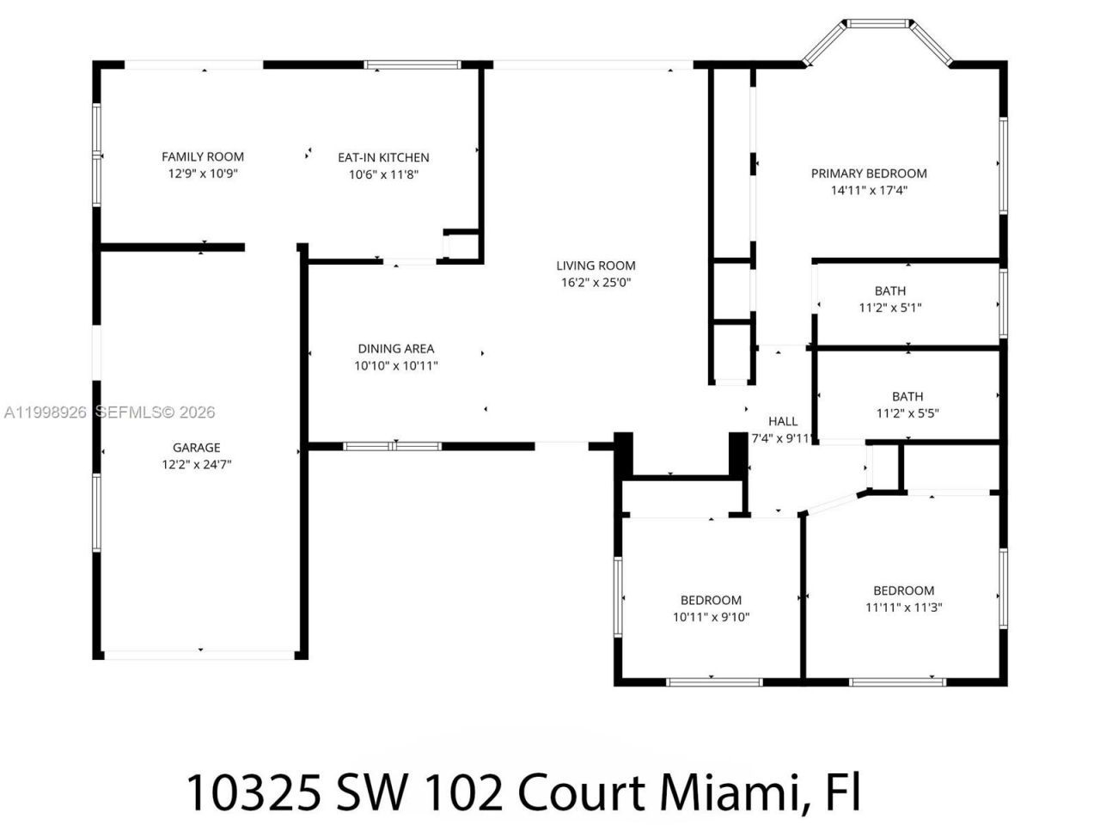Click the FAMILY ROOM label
click(203, 156)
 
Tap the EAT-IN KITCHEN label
click(383, 157)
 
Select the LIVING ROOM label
click(596, 266)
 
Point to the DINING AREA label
click(396, 349)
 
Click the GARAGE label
click(196, 448)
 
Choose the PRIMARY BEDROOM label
click(869, 174)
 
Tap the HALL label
click(782, 421)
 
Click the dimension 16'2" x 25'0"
click(596, 282)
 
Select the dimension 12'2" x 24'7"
click(196, 464)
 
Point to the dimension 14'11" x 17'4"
click(869, 191)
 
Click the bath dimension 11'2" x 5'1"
click(890, 308)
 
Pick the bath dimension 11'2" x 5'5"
click(907, 413)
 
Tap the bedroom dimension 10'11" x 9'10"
click(711, 617)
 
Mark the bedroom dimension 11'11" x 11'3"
click(903, 608)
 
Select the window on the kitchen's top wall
click(412, 64)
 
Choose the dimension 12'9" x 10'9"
click(203, 174)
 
